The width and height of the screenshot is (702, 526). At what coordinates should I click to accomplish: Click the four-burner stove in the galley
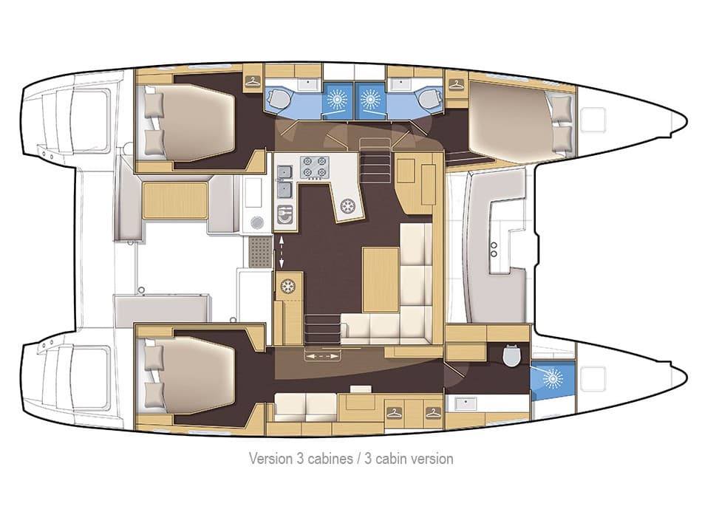tap(313, 167)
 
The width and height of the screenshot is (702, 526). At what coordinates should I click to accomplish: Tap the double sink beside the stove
tap(284, 182)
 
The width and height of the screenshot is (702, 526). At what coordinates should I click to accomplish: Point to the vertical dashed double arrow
tap(280, 253)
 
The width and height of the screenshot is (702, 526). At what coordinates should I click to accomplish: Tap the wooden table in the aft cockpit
tap(174, 200)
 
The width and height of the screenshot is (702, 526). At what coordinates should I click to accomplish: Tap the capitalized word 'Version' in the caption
tap(270, 459)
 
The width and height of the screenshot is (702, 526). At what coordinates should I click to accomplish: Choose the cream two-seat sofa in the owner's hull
tap(306, 406)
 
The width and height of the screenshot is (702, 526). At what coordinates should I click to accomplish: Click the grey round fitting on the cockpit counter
tap(256, 221)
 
